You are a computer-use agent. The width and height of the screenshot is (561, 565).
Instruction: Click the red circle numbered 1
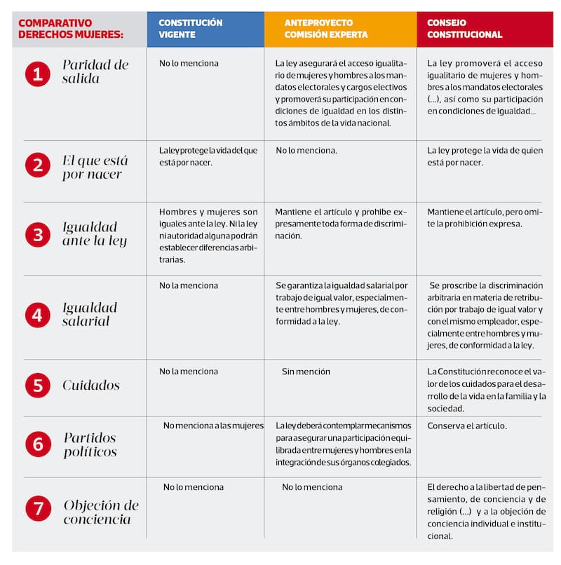pos(37,72)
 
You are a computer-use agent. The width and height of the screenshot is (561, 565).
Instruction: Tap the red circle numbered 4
pos(37,315)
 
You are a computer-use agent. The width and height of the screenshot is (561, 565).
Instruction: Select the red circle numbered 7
pos(38,508)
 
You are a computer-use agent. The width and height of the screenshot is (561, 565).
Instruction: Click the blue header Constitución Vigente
pos(205,29)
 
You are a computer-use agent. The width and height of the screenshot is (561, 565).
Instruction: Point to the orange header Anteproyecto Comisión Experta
pos(339,29)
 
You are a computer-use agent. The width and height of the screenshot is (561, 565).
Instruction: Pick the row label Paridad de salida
pos(95,72)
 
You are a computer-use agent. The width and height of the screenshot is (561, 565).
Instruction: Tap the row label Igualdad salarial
pos(90,315)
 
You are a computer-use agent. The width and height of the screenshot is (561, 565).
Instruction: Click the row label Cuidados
pos(90,386)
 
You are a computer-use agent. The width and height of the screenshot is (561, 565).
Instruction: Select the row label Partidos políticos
pos(90,445)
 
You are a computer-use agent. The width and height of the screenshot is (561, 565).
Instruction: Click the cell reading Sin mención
pos(306,372)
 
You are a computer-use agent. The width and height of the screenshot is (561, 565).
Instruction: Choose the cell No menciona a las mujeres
pos(213,426)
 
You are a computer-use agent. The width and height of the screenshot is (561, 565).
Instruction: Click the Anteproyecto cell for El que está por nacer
pos(306,151)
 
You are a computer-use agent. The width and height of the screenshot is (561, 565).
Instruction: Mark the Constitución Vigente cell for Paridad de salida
pos(189,63)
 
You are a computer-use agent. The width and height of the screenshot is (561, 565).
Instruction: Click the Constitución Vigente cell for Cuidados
pos(188,372)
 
